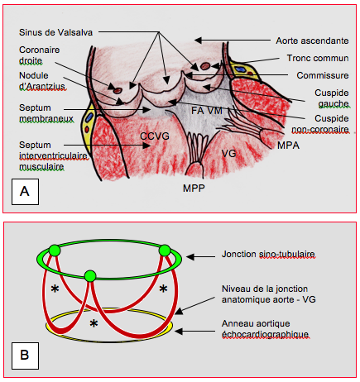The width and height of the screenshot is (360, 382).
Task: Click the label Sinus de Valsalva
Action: (x=55, y=32)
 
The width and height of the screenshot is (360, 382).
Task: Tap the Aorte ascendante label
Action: (x=312, y=41)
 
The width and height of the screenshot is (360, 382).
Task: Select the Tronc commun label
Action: (x=318, y=58)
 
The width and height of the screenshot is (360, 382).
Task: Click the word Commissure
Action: (x=323, y=75)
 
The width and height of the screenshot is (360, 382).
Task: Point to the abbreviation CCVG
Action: (x=155, y=136)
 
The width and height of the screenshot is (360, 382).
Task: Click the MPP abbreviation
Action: (x=194, y=189)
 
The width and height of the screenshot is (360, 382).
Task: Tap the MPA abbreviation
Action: (x=288, y=146)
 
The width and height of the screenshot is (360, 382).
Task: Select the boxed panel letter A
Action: (x=25, y=191)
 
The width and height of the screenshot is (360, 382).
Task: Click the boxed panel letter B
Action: (x=25, y=355)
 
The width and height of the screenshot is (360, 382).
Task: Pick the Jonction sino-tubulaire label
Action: (x=268, y=254)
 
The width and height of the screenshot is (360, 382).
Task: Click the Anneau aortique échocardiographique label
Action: (x=265, y=329)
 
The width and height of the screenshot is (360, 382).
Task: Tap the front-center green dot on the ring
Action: (x=90, y=276)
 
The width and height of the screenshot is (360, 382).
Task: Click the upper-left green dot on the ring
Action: (x=55, y=251)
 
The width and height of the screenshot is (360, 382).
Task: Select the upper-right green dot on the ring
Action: (x=165, y=251)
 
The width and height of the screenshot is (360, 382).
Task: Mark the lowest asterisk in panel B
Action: (x=94, y=323)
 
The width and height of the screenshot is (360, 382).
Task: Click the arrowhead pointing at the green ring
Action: (x=190, y=257)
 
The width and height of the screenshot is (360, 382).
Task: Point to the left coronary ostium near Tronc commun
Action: (x=205, y=66)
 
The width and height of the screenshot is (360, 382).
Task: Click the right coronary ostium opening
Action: (x=118, y=90)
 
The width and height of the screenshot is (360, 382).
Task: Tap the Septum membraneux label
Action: (x=46, y=113)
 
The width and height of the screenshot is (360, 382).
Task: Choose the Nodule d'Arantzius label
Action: (x=42, y=81)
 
